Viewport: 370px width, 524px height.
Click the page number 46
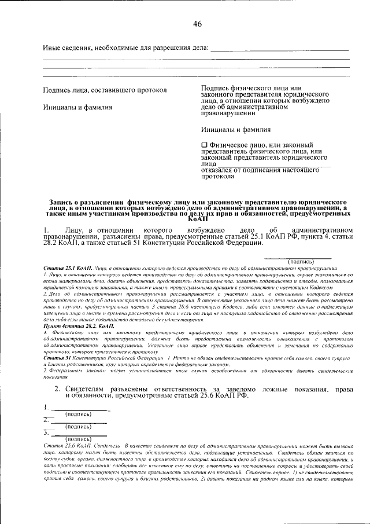(x=197, y=24)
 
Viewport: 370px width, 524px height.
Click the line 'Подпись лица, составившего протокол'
(x=105, y=90)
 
